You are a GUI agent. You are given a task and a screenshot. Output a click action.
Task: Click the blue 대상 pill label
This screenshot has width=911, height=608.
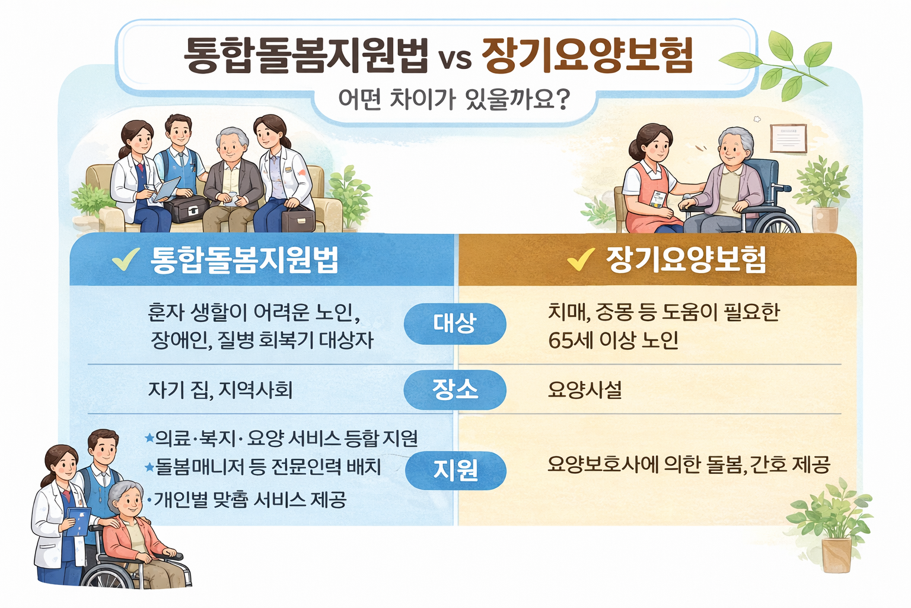[x=455, y=324]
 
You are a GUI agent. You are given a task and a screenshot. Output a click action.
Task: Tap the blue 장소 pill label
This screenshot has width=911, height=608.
[x=455, y=389]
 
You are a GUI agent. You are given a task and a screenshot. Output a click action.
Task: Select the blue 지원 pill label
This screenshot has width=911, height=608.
[x=455, y=470]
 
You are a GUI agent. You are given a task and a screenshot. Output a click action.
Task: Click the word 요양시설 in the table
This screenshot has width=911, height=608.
[x=584, y=390]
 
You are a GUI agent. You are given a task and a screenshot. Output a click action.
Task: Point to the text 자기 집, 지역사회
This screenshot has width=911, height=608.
[x=220, y=390]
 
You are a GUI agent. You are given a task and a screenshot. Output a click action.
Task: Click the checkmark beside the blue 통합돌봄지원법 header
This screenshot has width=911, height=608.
[x=125, y=259]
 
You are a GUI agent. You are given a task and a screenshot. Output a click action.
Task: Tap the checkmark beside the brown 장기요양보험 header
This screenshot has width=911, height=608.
[x=581, y=259]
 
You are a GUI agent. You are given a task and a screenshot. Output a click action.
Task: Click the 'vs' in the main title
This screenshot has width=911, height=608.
[x=455, y=58]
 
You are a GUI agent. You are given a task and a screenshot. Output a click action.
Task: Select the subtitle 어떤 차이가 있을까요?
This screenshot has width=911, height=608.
[x=454, y=100]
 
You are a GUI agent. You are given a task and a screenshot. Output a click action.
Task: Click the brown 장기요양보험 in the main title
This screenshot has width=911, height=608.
[x=587, y=56]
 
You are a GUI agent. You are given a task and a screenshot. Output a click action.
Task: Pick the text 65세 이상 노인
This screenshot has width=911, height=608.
[x=613, y=341]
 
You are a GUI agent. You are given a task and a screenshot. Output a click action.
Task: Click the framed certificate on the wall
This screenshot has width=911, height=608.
[x=788, y=138]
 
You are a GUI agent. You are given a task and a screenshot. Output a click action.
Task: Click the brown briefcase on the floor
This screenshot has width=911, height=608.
[x=298, y=220]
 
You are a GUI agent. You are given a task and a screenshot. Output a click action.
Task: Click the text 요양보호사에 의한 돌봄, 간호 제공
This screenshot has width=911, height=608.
[x=688, y=464]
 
